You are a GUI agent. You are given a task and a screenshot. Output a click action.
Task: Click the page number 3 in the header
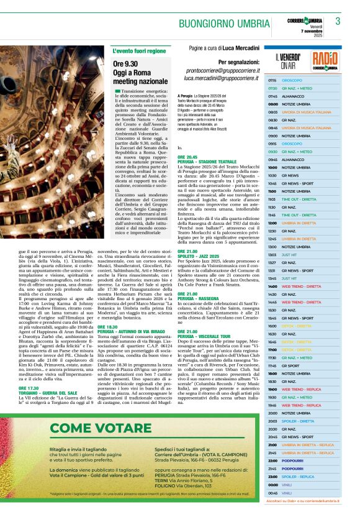point(338,21)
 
